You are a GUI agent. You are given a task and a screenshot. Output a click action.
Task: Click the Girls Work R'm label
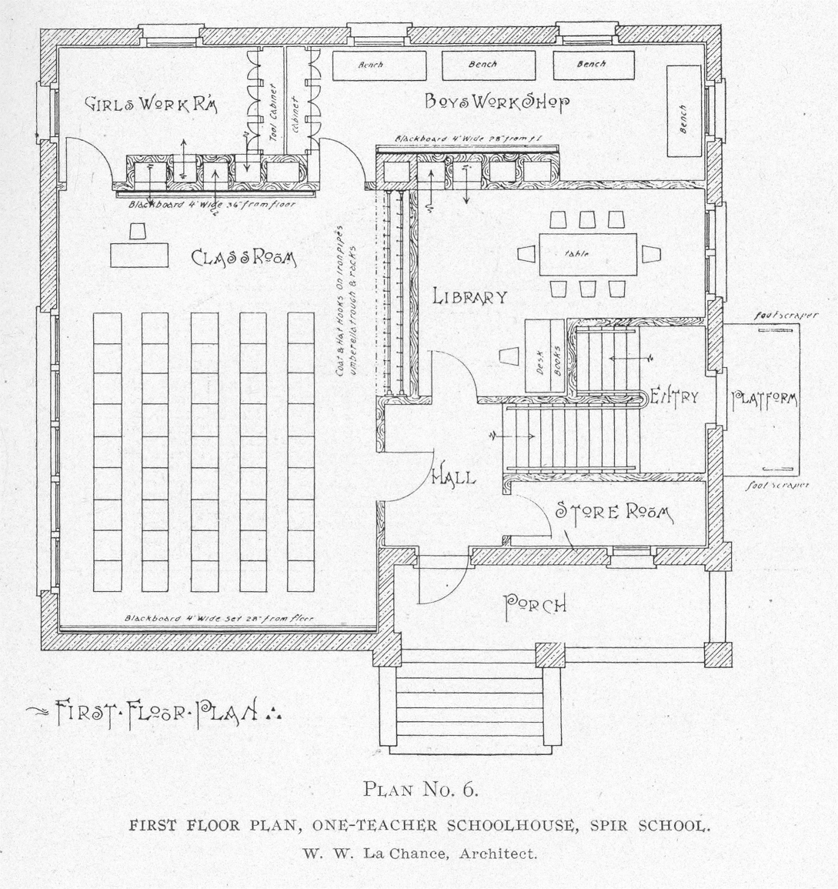(151, 105)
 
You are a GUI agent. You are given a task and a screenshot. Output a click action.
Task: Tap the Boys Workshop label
(497, 102)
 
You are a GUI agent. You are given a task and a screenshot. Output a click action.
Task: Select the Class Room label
(242, 258)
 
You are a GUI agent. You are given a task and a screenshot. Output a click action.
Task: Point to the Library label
(469, 296)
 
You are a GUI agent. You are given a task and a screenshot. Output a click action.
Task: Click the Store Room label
(613, 512)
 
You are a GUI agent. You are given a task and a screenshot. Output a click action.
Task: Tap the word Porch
(535, 605)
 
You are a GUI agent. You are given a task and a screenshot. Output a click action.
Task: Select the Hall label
(453, 477)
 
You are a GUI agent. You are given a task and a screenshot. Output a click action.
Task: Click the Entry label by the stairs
(674, 396)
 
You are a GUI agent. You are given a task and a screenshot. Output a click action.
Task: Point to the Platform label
(764, 399)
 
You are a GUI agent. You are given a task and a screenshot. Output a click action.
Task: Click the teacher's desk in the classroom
(140, 254)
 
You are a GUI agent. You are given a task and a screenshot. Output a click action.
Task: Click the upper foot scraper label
(786, 315)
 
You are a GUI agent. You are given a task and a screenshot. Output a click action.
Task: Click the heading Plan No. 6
(420, 789)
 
